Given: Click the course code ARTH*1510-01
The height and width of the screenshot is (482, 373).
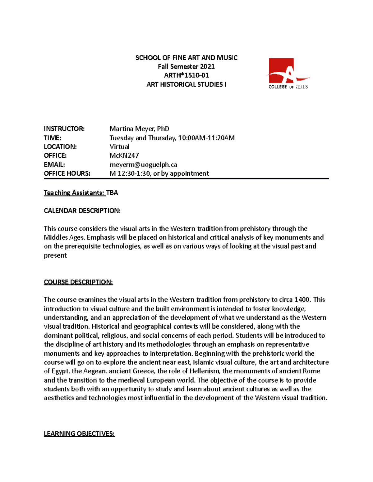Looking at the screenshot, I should (x=186, y=75).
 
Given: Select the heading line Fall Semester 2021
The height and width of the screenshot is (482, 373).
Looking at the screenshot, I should (x=186, y=66).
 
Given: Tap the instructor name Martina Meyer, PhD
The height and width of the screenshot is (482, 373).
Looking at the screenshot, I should (x=139, y=129).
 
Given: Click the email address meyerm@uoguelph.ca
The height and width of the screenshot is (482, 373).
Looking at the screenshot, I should (x=143, y=165).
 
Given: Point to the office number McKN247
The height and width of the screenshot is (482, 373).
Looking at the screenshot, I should (x=124, y=155).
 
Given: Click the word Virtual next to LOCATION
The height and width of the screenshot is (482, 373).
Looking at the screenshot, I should (x=119, y=147).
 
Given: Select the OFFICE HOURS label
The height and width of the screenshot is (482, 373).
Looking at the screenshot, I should (x=67, y=173).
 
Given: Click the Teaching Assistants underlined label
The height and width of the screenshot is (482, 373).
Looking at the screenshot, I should (x=74, y=193).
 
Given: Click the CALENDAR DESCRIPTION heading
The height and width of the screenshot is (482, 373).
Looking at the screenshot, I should (x=82, y=211).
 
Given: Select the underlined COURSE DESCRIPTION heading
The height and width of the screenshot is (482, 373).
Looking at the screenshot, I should (x=78, y=282).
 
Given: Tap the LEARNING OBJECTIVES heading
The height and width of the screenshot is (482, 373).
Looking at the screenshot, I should (x=79, y=434).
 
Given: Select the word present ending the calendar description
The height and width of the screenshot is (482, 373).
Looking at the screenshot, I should (x=55, y=255).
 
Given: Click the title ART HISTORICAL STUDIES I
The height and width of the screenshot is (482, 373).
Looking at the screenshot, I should (x=186, y=84).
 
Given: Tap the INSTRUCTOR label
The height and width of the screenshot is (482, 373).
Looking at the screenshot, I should (x=64, y=129).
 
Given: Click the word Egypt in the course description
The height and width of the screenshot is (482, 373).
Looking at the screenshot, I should (x=60, y=371).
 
